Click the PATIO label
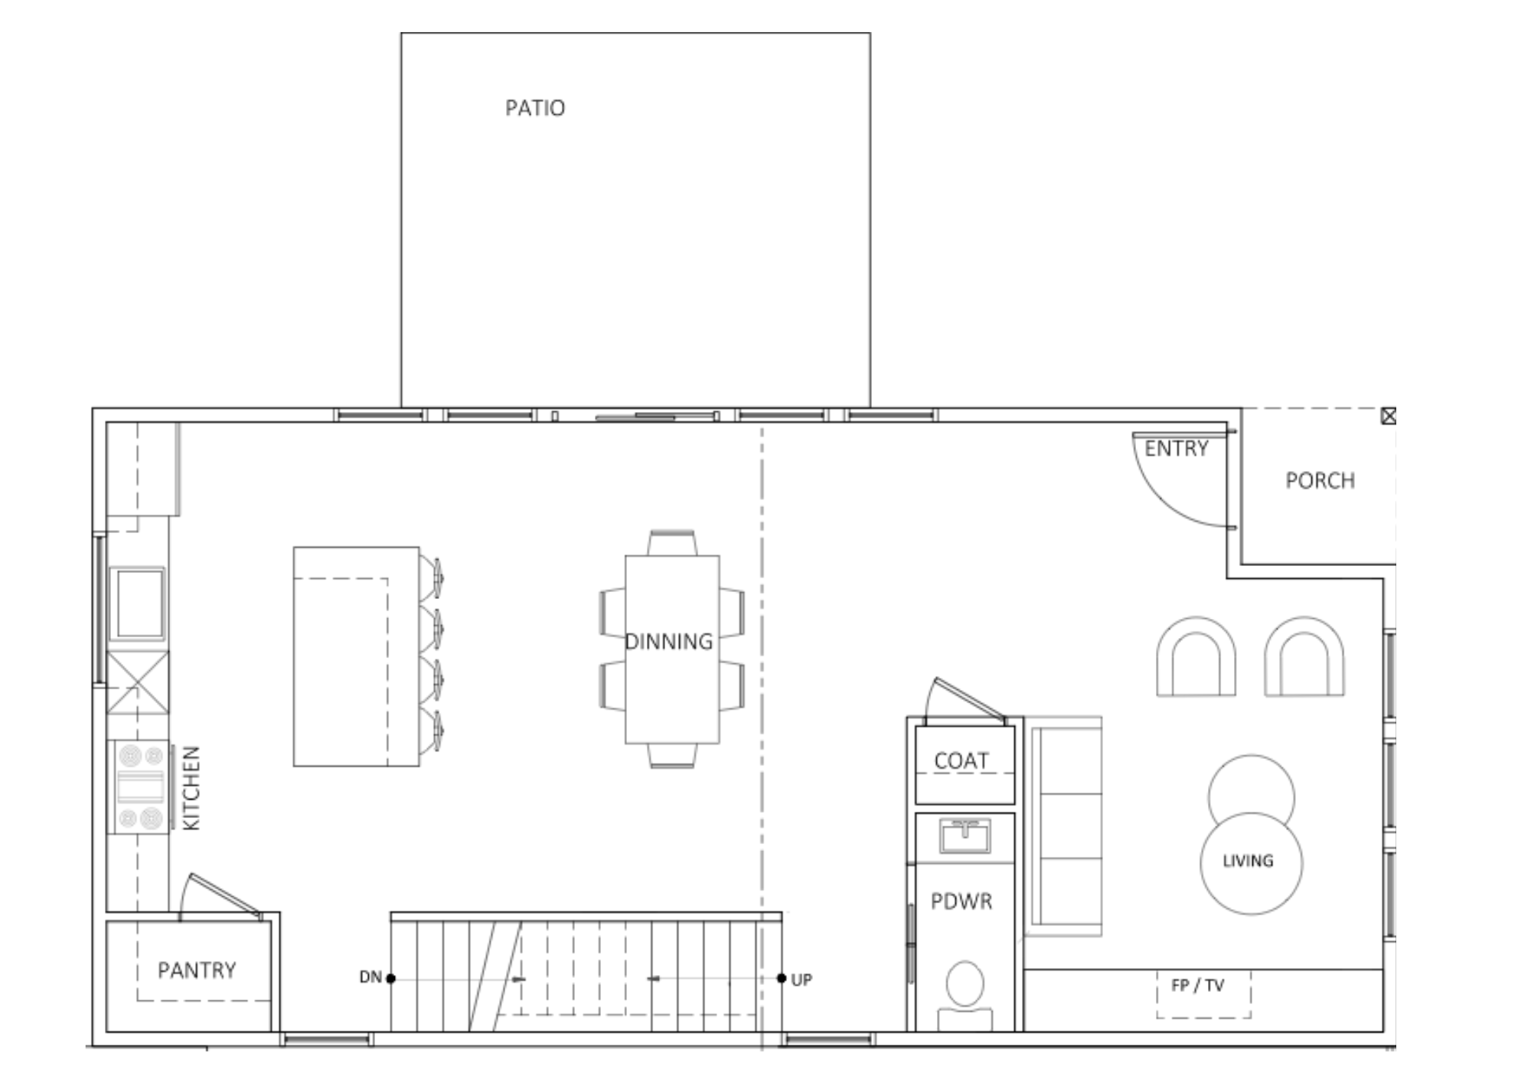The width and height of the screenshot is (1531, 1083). [x=535, y=108]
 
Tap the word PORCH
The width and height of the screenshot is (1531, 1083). [x=1320, y=480]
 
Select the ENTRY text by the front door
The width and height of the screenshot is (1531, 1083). [x=1177, y=448]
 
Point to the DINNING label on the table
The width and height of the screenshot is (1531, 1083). [x=669, y=641]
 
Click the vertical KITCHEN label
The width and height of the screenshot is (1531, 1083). [x=191, y=788]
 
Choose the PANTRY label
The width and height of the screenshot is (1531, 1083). [x=197, y=970]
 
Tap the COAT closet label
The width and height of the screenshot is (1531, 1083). [x=961, y=761]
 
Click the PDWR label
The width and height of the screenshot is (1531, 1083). [x=961, y=901]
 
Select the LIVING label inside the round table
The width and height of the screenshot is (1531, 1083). [x=1248, y=861]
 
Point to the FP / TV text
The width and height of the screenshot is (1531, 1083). [x=1198, y=985]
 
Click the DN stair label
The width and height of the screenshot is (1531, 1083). [x=371, y=977]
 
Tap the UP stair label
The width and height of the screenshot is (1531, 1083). [x=801, y=980]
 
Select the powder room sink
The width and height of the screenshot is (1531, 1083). [x=965, y=836]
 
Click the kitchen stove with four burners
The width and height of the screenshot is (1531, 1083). [x=140, y=787]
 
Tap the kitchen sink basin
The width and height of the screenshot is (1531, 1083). [x=137, y=603]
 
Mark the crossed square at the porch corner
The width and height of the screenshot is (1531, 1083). [x=1389, y=416]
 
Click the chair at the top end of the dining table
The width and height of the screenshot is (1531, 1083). [x=672, y=543]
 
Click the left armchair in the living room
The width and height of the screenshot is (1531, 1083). [x=1196, y=656]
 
